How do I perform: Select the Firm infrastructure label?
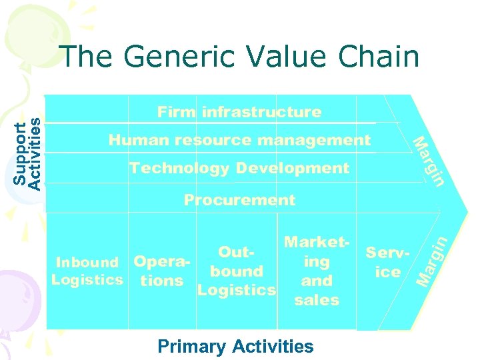pyautogui.click(x=239, y=112)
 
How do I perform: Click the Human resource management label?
pyautogui.click(x=239, y=140)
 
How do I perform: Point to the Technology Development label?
pyautogui.click(x=239, y=168)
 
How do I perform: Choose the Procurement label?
pyautogui.click(x=239, y=200)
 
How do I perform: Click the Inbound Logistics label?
pyautogui.click(x=87, y=271)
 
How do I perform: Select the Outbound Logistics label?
pyautogui.click(x=236, y=271)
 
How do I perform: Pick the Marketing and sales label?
pyautogui.click(x=316, y=271)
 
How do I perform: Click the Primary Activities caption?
pyautogui.click(x=235, y=347)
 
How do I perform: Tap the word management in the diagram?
pyautogui.click(x=314, y=140)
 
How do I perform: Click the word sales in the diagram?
pyautogui.click(x=317, y=301)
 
